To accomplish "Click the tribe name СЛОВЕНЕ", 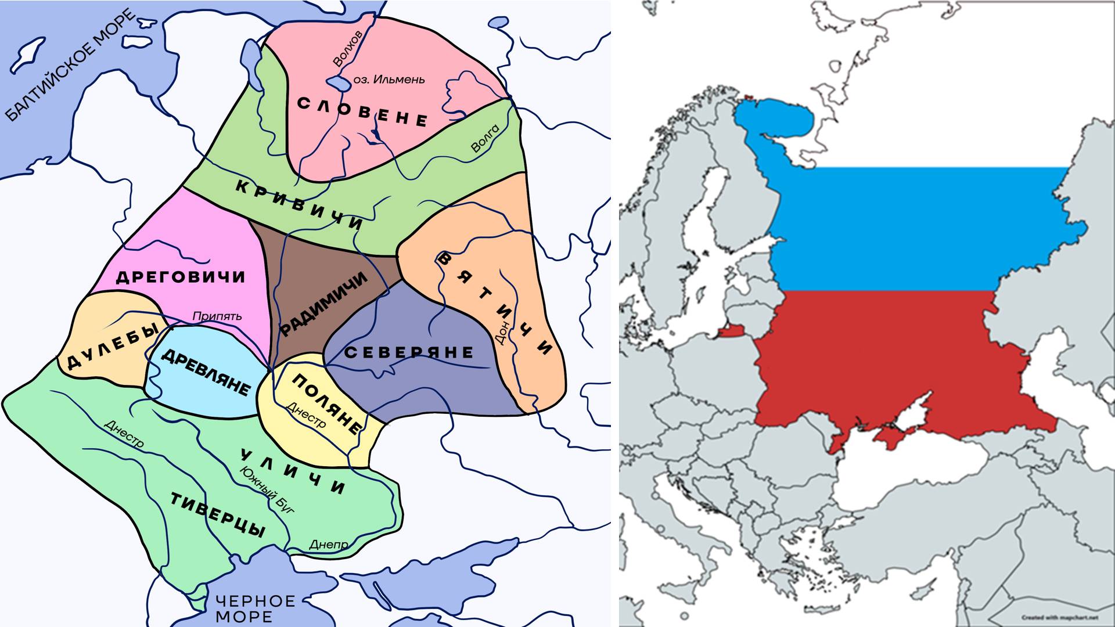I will (x=362, y=112).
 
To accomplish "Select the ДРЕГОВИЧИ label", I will (x=181, y=277).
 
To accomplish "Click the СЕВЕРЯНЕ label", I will (x=409, y=352).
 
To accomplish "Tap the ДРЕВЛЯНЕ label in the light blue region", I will (x=205, y=372).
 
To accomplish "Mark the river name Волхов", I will (x=347, y=48).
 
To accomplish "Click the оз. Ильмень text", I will (x=389, y=80).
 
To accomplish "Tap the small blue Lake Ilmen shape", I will (x=337, y=84).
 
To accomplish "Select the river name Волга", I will (x=485, y=139).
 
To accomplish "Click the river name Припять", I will (x=217, y=316).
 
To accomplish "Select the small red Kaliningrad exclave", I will (x=730, y=331).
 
